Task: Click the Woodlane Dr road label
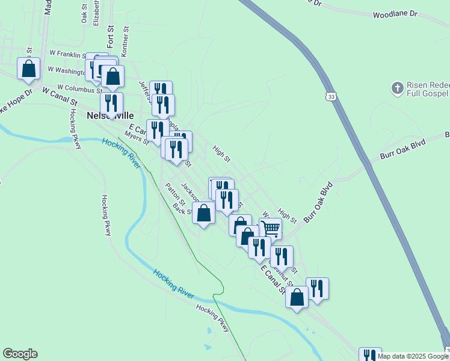395,13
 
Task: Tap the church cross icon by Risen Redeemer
397,88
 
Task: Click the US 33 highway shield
331,96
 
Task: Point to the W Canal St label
60,94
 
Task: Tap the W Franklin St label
69,54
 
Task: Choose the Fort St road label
110,36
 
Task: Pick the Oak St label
84,13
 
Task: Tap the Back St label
181,210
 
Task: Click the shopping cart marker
271,228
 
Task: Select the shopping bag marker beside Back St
204,212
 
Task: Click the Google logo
20,354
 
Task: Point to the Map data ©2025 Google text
412,356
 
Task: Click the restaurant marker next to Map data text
369,355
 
